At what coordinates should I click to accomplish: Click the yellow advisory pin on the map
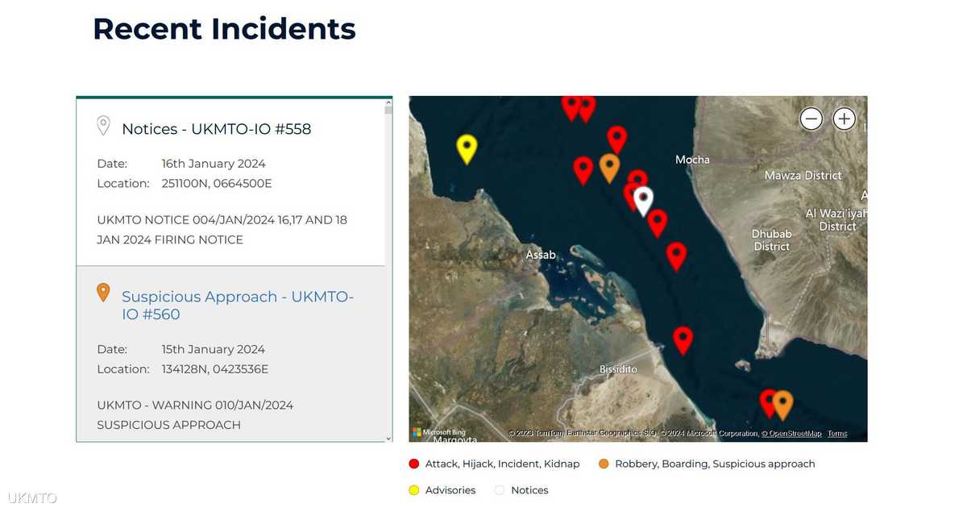coord(467,148)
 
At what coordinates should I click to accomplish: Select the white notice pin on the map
coord(643,201)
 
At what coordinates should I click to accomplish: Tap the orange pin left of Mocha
coord(609,168)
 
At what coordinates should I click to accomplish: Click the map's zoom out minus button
coord(811,119)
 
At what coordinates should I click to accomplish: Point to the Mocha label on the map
coord(692,160)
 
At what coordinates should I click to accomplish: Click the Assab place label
coord(541,255)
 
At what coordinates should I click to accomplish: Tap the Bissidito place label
coord(618,369)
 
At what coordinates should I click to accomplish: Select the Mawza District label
coord(803,176)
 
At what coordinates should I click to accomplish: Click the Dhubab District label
coord(771,240)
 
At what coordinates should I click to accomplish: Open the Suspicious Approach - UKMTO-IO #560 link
coord(238,306)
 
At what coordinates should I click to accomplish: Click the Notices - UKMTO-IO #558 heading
coord(216,129)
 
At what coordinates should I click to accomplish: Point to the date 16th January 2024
coord(214,164)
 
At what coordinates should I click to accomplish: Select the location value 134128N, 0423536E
coord(215,369)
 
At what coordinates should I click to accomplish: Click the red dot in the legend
coord(414,464)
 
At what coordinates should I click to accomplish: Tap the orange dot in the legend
coord(604,464)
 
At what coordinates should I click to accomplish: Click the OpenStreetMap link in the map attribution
coord(791,433)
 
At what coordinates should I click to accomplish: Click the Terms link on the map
coord(837,433)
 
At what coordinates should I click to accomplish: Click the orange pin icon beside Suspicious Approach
coord(103,293)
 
